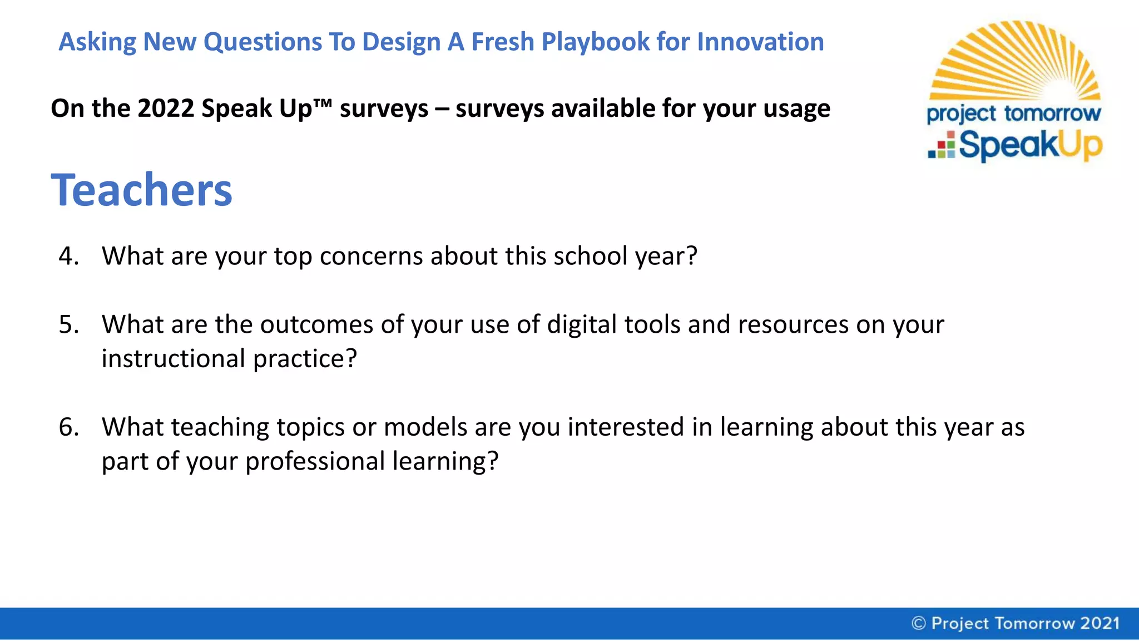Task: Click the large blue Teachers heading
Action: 142,190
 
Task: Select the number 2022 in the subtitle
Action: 165,108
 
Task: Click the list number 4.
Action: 68,256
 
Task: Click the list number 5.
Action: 68,324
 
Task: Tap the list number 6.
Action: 68,427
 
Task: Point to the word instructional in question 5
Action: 173,359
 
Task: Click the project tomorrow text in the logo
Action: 1013,114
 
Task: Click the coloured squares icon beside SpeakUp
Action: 942,145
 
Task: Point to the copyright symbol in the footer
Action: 918,623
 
